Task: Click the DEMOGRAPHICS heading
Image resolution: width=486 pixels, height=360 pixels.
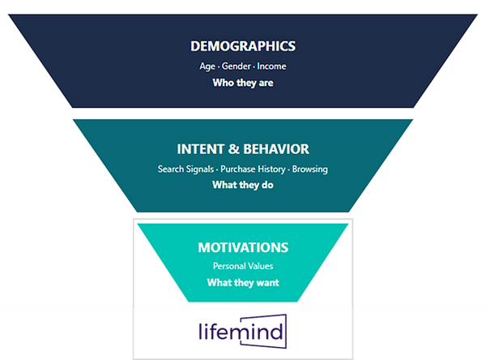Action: (243, 46)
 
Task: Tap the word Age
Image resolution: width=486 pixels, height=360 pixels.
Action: (207, 66)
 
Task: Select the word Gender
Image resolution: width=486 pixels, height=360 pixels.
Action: (237, 66)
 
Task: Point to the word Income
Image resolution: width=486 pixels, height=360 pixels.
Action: (271, 66)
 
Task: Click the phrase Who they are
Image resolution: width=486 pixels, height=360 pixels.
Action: (243, 83)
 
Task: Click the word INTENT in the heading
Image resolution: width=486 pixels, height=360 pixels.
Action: (200, 149)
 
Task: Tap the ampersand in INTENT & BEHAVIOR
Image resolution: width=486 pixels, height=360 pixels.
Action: (234, 149)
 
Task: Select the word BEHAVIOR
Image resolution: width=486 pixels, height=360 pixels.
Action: (276, 149)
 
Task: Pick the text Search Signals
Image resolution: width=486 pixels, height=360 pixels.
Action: (185, 169)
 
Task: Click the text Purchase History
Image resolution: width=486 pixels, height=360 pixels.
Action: (253, 169)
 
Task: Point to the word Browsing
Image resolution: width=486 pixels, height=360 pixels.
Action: (310, 169)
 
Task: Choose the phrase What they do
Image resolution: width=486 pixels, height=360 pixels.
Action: (243, 185)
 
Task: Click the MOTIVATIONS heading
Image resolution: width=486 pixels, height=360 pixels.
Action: (243, 247)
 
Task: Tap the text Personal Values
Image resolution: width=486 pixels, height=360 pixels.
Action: (243, 266)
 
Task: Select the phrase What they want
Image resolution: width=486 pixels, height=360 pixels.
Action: (243, 283)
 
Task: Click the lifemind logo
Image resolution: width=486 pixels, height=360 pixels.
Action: (243, 332)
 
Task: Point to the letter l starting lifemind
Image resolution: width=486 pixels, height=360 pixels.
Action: (200, 331)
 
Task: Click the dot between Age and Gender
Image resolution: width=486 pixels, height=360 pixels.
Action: (219, 67)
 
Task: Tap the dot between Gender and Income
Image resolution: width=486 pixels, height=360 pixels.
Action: (254, 67)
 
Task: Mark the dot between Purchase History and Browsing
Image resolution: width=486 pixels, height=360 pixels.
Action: (289, 170)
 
